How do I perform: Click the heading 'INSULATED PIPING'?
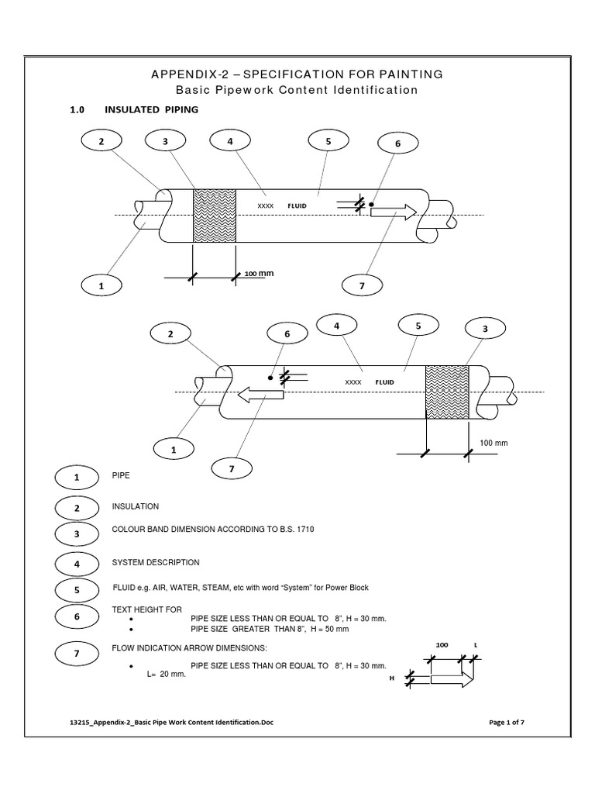151,110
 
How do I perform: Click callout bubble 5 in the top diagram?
328,141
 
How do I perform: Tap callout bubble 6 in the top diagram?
397,144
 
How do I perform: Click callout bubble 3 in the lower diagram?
485,329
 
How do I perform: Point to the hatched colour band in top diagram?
214,215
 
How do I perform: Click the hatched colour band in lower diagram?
447,392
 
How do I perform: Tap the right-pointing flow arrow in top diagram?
394,212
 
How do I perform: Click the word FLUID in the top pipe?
297,206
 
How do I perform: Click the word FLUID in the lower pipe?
385,382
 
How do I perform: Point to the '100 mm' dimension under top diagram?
260,274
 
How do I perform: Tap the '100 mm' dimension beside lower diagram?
494,442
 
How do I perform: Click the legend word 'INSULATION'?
136,506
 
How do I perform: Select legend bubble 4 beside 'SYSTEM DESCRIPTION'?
77,564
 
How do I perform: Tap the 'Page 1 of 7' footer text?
507,723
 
